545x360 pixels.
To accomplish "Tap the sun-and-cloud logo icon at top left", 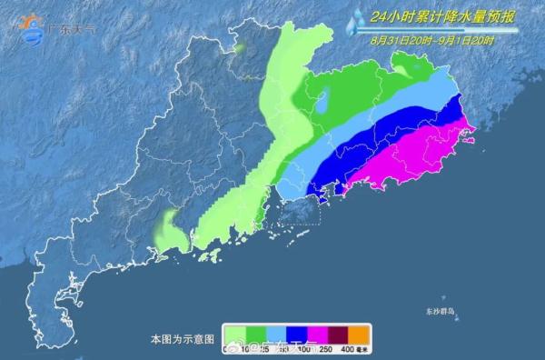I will pos(31,28).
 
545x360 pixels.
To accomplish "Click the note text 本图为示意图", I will pos(183,338).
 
